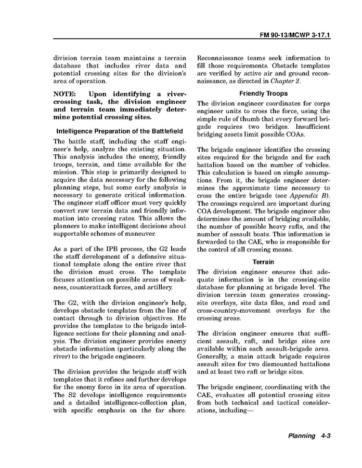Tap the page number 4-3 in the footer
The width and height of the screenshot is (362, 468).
tap(323, 436)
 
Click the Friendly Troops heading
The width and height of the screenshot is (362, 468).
tap(263, 93)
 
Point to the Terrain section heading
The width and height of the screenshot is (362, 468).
tap(263, 262)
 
